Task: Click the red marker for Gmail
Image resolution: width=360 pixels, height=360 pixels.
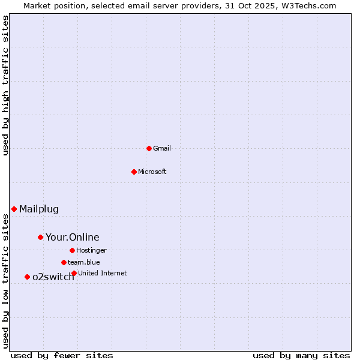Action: click(149, 148)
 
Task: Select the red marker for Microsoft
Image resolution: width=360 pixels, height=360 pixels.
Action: click(134, 172)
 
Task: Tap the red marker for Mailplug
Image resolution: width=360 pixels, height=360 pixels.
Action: click(14, 209)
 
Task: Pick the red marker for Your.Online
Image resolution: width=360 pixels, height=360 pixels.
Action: click(40, 237)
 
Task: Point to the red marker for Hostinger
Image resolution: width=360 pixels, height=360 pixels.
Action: click(72, 250)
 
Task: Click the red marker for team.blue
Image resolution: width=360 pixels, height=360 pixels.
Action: click(64, 262)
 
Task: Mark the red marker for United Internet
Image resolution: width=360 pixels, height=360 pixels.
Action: click(74, 273)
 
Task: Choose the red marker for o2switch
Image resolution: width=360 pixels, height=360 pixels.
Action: click(27, 277)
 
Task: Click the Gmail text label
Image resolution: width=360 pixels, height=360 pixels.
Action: click(162, 148)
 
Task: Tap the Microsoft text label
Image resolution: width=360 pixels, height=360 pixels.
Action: click(152, 172)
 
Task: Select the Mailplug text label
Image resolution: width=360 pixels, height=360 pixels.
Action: click(39, 209)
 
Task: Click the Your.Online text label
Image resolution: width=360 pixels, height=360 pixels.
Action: click(73, 237)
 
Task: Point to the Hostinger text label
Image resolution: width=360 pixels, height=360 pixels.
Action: click(92, 250)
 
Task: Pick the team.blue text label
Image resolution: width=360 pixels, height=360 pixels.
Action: click(84, 262)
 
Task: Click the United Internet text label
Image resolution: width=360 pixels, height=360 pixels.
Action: click(103, 273)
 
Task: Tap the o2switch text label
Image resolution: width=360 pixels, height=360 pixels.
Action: click(53, 277)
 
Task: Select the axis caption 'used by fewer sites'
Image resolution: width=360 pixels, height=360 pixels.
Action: click(62, 355)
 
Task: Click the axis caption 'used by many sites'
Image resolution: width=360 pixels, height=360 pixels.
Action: click(301, 355)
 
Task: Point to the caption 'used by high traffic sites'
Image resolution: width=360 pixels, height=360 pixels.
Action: click(5, 85)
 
